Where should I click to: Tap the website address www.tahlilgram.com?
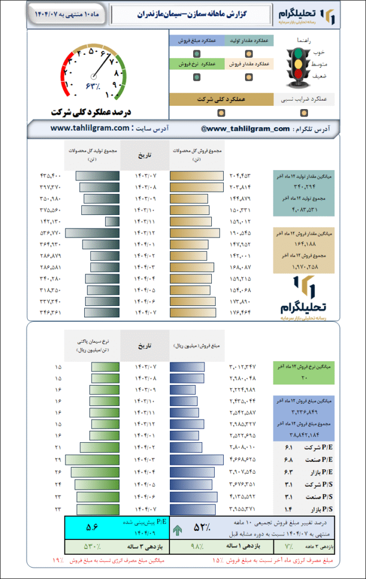coord(90,128)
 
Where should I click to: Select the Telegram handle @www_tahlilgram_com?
coord(245,129)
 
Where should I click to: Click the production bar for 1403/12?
coord(92,232)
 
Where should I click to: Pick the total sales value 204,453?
coord(238,175)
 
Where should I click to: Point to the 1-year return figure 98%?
coord(196,547)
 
